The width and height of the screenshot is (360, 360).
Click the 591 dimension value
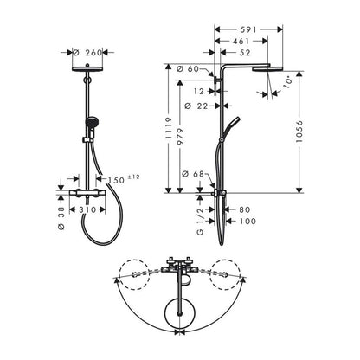click(248, 29)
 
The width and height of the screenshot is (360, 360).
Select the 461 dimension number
click(241, 42)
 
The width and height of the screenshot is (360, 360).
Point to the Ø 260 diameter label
click(87, 53)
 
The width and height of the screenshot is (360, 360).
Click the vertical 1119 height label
click(169, 128)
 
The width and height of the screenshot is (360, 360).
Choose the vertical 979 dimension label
click(181, 137)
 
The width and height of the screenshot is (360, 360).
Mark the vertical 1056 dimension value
click(299, 132)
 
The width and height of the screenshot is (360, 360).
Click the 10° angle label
click(286, 81)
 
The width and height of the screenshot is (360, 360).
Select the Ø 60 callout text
click(188, 69)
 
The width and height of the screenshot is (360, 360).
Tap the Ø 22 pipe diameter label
click(196, 106)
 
